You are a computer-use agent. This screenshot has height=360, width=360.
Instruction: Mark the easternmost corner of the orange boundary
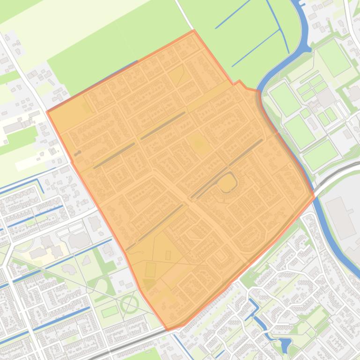click(x=314, y=196)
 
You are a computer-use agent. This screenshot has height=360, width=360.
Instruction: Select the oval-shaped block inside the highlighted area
click(x=227, y=183)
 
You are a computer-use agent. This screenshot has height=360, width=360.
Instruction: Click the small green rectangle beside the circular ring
click(x=110, y=311)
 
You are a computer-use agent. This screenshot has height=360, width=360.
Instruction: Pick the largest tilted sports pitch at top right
click(x=334, y=58)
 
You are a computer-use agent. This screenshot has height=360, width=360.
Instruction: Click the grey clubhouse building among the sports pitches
click(x=326, y=97)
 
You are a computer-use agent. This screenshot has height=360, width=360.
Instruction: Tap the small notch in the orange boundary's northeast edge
click(x=239, y=82)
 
